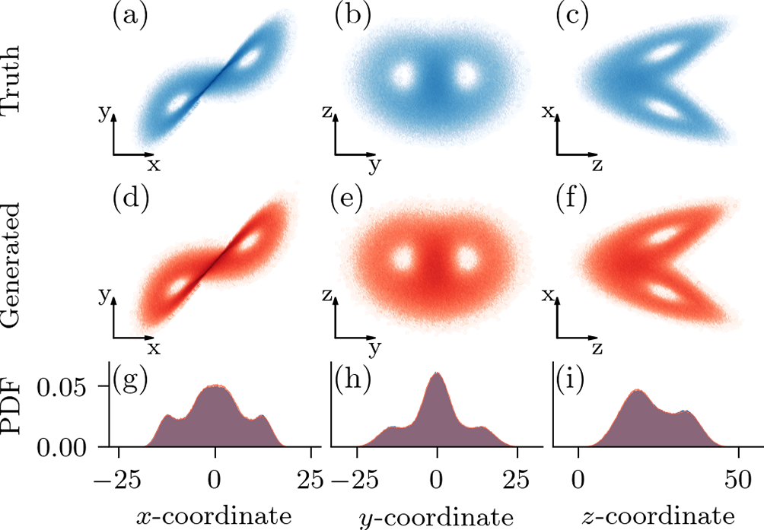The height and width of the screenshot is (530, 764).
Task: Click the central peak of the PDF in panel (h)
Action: pos(437,375)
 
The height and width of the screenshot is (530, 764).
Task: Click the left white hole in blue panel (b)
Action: pos(400,75)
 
